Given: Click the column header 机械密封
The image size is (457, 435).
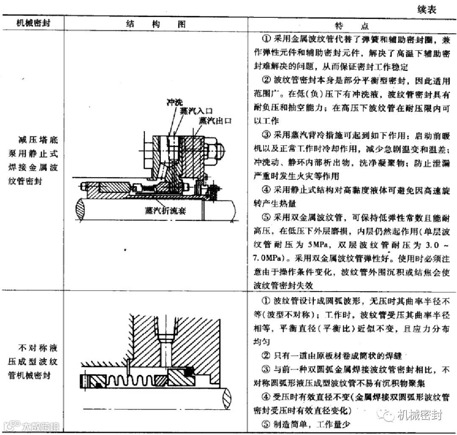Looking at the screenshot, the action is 33,23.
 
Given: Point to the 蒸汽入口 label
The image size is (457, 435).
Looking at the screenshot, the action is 195,110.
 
